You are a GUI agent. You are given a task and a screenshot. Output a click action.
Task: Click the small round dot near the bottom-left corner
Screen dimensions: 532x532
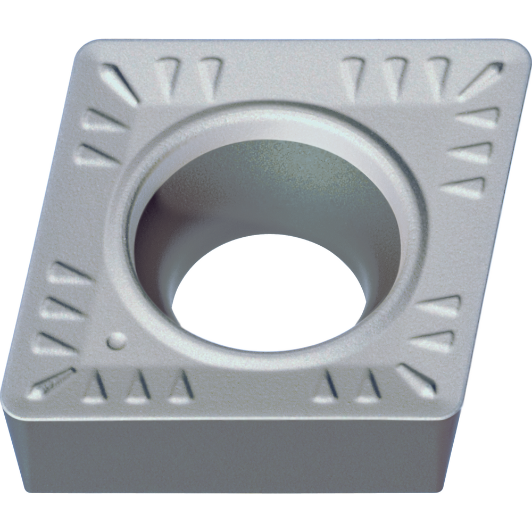[116, 340]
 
